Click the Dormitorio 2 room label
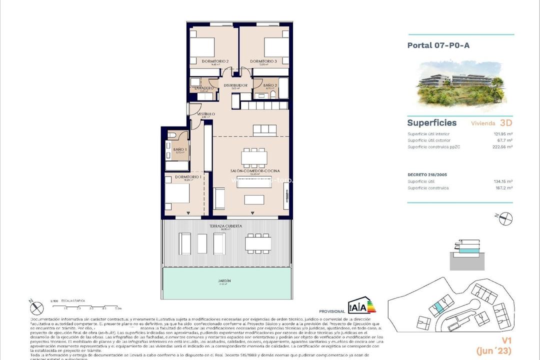click(x=215, y=61)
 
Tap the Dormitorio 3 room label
click(x=263, y=61)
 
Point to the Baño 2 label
click(x=270, y=85)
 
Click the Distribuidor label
click(x=235, y=85)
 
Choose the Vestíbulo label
click(x=205, y=114)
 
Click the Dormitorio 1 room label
click(x=188, y=177)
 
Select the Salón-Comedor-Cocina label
click(x=251, y=171)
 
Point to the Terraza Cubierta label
click(x=225, y=226)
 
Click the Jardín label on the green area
click(x=224, y=281)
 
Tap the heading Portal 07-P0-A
click(x=438, y=45)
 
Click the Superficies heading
click(x=431, y=122)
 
